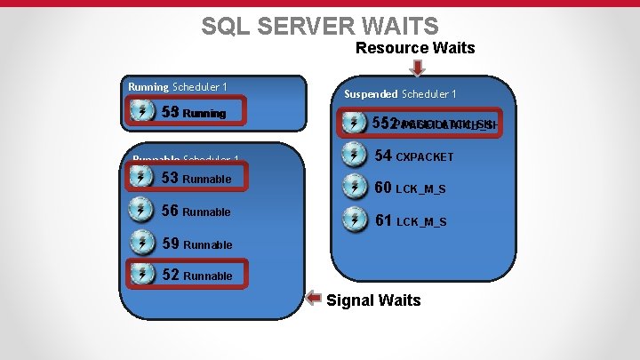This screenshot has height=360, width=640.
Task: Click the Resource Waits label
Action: click(415, 48)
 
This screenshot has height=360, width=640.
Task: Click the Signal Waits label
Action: click(373, 300)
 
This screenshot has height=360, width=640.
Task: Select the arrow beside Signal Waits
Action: click(314, 298)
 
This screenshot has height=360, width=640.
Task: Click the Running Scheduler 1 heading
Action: click(178, 87)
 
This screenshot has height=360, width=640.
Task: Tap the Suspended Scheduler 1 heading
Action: click(400, 94)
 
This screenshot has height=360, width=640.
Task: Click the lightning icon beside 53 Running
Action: click(142, 111)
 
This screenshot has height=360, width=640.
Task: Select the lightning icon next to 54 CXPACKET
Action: click(355, 156)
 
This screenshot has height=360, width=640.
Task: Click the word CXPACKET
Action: click(424, 157)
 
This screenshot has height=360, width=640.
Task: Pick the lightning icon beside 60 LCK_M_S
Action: click(355, 188)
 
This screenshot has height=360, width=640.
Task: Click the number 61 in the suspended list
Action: click(383, 220)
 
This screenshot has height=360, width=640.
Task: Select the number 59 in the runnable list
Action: click(171, 243)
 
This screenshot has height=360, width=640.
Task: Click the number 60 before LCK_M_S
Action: click(383, 188)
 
